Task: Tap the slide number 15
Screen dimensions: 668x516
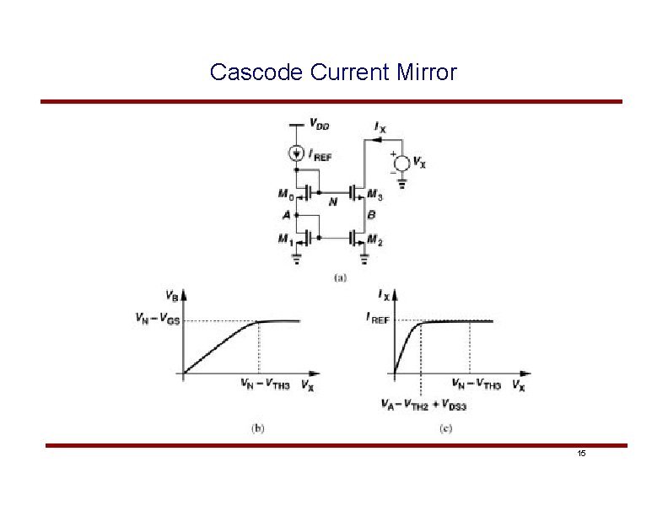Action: coord(581,454)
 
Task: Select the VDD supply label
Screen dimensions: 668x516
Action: coord(319,125)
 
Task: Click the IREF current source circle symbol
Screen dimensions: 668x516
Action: coord(296,154)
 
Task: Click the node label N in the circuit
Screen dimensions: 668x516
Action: coord(333,202)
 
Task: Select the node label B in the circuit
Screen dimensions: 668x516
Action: coord(371,215)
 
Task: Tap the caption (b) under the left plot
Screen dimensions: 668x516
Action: coord(258,428)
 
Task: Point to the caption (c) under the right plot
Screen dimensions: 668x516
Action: coord(445,428)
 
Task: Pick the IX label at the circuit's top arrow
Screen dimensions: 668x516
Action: coord(380,126)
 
